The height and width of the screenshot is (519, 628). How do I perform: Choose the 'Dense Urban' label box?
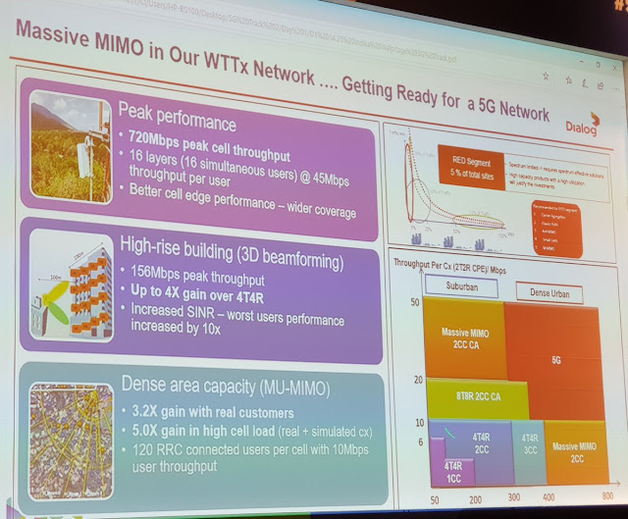[541, 292]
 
